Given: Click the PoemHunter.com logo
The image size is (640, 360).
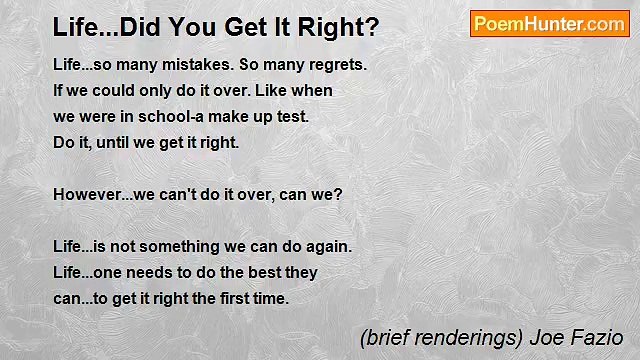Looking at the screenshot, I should pos(549,24).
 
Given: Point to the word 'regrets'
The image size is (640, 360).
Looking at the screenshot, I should pos(336,65).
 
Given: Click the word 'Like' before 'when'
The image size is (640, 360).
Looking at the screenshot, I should pos(270,90).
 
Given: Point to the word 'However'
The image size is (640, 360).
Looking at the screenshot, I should pos(85,194).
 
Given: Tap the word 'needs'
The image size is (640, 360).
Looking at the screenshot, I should pos(154,272).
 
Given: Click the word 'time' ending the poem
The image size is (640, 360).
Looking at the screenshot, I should pos(271,298).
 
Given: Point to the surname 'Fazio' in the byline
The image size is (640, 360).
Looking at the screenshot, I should pos(598,338).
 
